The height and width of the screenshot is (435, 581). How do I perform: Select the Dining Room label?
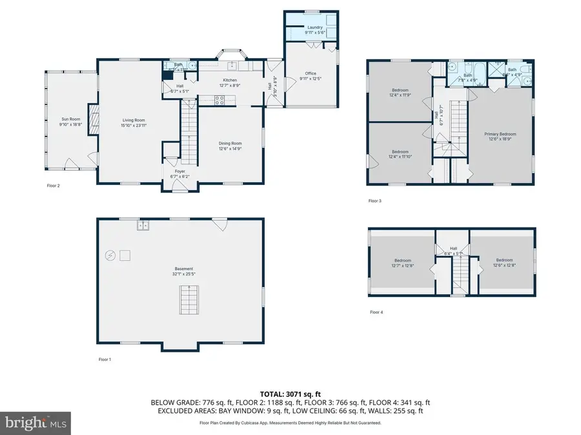pos(230,146)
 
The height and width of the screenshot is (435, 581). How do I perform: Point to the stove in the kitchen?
pos(219,100)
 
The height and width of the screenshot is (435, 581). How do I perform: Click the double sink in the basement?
pos(143,226)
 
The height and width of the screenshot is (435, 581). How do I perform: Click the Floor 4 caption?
pos(376,313)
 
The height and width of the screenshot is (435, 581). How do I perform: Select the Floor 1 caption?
pos(105,359)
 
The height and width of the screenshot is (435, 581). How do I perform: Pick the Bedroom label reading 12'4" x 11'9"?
pos(400,92)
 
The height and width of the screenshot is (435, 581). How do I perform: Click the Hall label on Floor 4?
pos(453,248)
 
